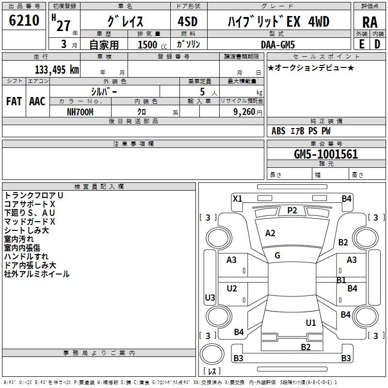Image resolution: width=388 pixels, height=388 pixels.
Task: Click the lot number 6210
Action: (x=24, y=21)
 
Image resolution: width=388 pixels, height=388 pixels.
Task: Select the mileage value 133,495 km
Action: (x=57, y=69)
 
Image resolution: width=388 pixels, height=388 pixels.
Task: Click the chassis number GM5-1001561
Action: (x=326, y=155)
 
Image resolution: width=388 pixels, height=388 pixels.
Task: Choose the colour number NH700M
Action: (x=80, y=112)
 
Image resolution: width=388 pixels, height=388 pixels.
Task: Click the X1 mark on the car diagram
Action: (x=238, y=198)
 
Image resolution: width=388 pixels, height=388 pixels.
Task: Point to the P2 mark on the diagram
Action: (x=292, y=210)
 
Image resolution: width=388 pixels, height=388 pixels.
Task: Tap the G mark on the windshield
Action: (x=277, y=256)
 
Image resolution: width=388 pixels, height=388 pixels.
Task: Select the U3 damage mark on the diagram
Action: (x=210, y=297)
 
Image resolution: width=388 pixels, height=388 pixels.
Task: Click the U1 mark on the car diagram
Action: (x=311, y=323)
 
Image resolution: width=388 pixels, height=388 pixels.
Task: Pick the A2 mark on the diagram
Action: (x=270, y=233)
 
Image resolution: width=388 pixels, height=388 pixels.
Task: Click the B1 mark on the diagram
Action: (x=341, y=280)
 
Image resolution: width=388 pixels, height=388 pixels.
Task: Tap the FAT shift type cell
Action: (x=14, y=101)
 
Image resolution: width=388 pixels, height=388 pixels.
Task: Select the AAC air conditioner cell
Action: (x=37, y=101)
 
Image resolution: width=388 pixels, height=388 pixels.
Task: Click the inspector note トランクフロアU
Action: (x=33, y=195)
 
